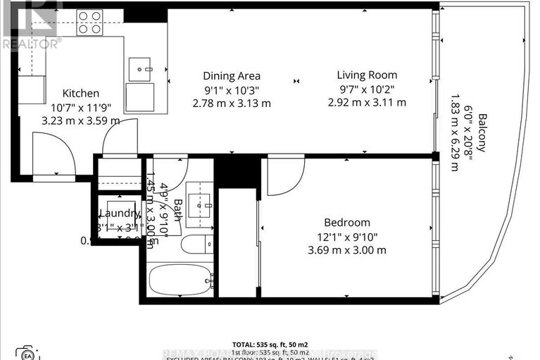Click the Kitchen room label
(x=81, y=93)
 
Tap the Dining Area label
(x=232, y=76)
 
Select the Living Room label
(x=366, y=75)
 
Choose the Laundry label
(x=119, y=214)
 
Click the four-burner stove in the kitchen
(x=89, y=23)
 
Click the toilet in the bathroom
(x=193, y=244)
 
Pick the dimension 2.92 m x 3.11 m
(x=366, y=102)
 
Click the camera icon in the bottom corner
(x=27, y=352)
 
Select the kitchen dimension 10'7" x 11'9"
(x=81, y=107)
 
